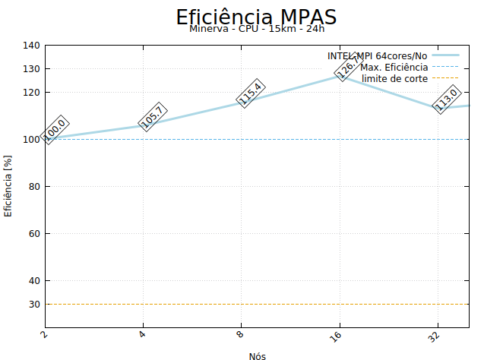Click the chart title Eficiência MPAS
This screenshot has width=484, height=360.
(x=256, y=17)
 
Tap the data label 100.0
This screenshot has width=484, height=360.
(x=55, y=130)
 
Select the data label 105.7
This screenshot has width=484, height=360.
(x=152, y=116)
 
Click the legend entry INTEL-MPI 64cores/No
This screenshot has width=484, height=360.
(x=378, y=56)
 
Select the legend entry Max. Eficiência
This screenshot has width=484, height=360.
(x=394, y=67)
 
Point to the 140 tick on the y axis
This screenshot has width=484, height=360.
(x=31, y=46)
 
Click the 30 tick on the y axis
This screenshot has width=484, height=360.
(x=34, y=305)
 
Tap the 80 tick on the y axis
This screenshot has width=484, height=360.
(x=34, y=187)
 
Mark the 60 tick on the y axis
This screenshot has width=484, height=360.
(x=34, y=234)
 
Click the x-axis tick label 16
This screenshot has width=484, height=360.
(x=337, y=336)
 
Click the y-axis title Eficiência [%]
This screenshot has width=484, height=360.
(x=8, y=186)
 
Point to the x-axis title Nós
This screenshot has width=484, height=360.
(x=257, y=355)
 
